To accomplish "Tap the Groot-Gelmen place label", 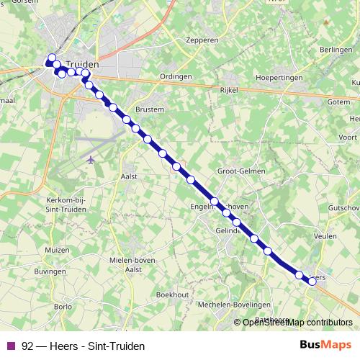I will pyautogui.click(x=241, y=171).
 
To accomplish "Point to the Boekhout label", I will pyautogui.click(x=172, y=294).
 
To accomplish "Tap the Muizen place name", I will pyautogui.click(x=56, y=250).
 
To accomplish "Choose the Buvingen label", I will pyautogui.click(x=50, y=272).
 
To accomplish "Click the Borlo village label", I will pyautogui.click(x=63, y=306).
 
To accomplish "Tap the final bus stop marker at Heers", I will pyautogui.click(x=312, y=282).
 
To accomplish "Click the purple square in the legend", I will pyautogui.click(x=11, y=346).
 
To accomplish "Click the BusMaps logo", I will pyautogui.click(x=325, y=346).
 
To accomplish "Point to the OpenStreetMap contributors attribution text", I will pyautogui.click(x=297, y=323).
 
